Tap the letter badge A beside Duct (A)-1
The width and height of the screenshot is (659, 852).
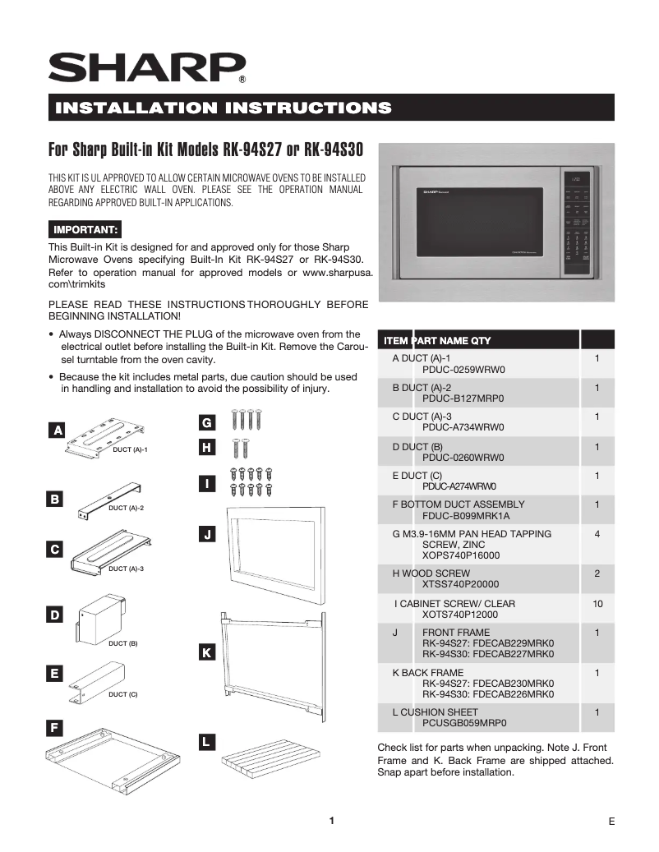57,430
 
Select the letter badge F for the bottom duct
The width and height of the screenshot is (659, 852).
54,728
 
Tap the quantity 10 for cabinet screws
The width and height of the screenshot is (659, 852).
597,604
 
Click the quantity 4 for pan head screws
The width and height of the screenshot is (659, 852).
597,534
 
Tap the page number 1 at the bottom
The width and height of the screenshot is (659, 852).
331,821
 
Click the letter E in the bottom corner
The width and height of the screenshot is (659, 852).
612,822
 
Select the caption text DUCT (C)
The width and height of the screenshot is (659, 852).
123,694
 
